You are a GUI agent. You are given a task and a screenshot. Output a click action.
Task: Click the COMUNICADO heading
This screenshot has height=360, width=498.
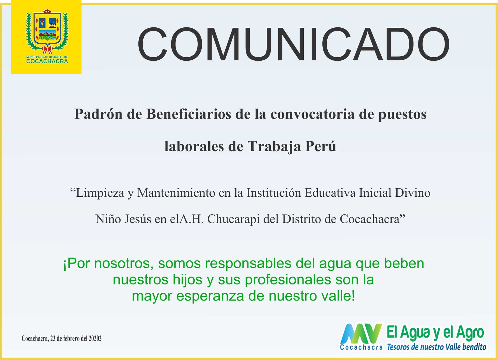(293, 44)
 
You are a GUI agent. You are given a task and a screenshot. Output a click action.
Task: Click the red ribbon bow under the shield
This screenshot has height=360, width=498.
(47, 50)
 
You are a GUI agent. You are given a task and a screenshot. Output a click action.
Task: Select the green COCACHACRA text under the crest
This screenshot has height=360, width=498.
(47, 61)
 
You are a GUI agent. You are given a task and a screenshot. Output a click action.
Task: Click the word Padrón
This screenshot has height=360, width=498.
(99, 114)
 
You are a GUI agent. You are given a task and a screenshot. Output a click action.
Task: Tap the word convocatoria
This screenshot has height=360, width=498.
(313, 114)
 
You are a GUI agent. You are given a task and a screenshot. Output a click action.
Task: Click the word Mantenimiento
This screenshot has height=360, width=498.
(176, 193)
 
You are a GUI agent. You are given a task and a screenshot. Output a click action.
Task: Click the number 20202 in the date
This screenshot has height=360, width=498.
(95, 339)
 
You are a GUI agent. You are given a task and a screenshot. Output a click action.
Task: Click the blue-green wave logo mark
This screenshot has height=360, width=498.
(361, 334)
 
